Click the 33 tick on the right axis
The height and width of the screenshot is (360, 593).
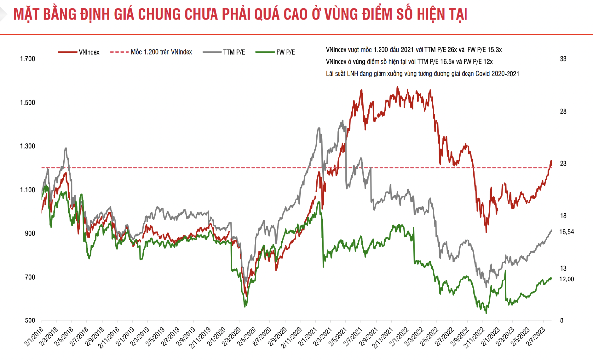(563, 59)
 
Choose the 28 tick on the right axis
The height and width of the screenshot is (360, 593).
(563, 112)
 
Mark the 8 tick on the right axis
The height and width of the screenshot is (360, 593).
(561, 320)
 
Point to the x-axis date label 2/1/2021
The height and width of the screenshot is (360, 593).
(308, 337)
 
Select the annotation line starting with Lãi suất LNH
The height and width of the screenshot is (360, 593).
(423, 73)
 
